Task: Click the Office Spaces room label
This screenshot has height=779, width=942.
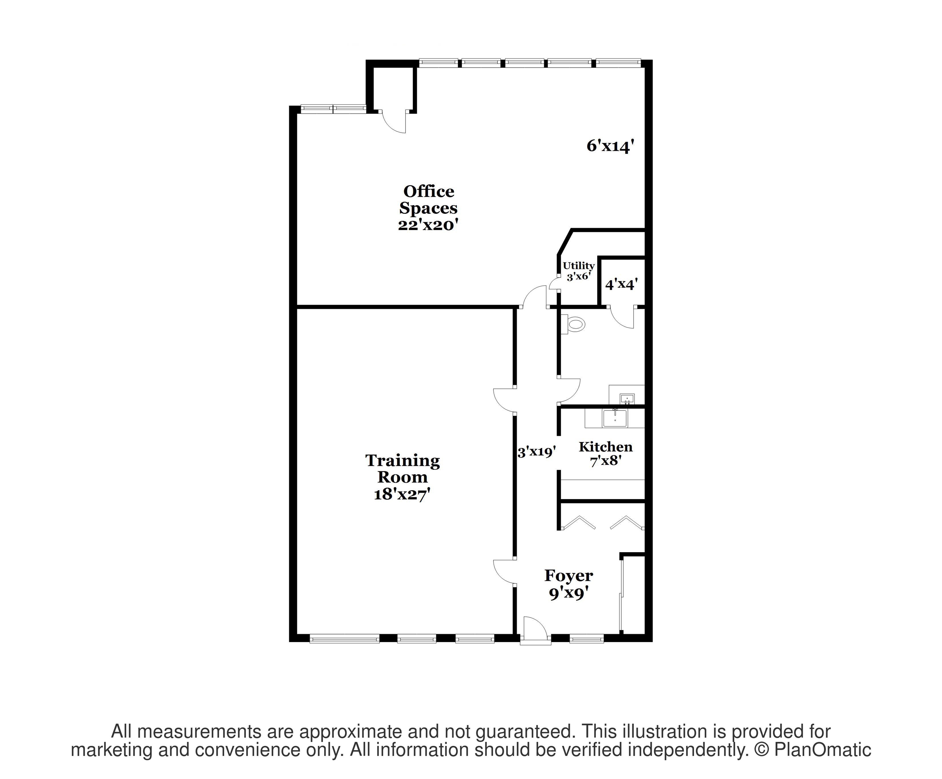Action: pyautogui.click(x=429, y=199)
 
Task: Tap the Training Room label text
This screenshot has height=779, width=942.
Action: pyautogui.click(x=403, y=469)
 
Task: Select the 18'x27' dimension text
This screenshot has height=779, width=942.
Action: pyautogui.click(x=403, y=494)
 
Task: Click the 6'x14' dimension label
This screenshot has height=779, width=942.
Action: pyautogui.click(x=610, y=146)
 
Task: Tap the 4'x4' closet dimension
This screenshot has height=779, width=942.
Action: pyautogui.click(x=621, y=284)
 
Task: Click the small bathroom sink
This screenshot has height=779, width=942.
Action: pyautogui.click(x=627, y=399)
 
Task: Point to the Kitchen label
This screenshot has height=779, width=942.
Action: pyautogui.click(x=605, y=447)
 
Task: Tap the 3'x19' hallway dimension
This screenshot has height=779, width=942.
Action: pyautogui.click(x=537, y=452)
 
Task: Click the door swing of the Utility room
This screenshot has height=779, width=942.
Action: pyautogui.click(x=555, y=285)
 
